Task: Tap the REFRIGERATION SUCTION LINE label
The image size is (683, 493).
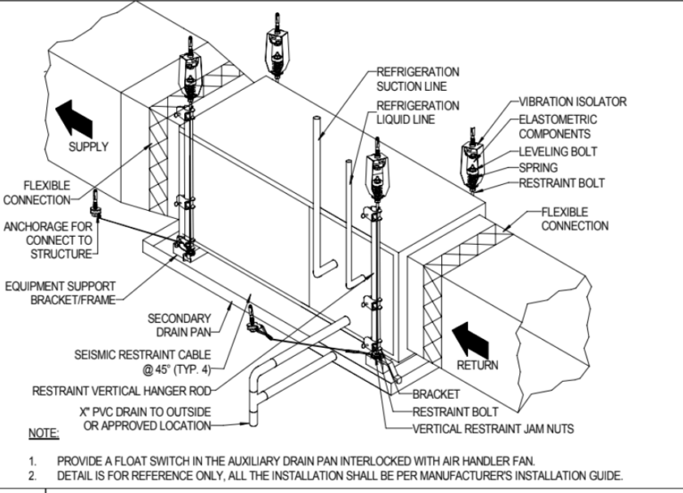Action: (418, 78)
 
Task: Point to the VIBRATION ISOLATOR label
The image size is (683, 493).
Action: (573, 101)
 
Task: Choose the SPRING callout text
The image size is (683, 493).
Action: (538, 167)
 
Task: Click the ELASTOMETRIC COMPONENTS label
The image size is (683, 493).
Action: (558, 126)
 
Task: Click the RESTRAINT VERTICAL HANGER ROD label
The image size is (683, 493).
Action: (124, 391)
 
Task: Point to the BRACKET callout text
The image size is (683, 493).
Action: (436, 393)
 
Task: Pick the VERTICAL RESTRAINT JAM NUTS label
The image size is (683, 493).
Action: (494, 428)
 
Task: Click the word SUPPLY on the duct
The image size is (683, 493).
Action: (89, 147)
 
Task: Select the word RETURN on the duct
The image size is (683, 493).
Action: (478, 365)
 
